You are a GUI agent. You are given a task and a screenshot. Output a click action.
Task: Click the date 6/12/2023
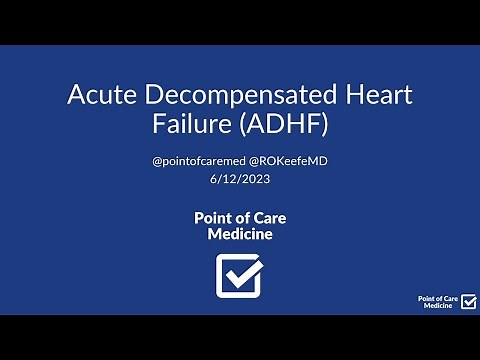[240, 180]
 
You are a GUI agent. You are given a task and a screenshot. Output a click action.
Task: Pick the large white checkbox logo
[240, 275]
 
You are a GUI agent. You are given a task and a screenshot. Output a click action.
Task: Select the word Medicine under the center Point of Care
[240, 234]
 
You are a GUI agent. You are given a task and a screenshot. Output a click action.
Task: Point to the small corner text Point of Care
[437, 298]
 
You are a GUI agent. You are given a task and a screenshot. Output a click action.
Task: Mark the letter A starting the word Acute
[77, 97]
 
